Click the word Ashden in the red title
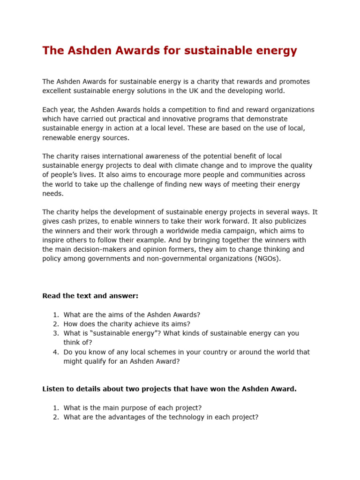coord(82,51)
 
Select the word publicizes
coord(289,221)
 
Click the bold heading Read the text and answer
coord(90,296)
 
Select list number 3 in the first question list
coord(55,333)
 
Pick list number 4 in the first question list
coord(55,352)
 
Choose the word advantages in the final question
coord(110,417)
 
